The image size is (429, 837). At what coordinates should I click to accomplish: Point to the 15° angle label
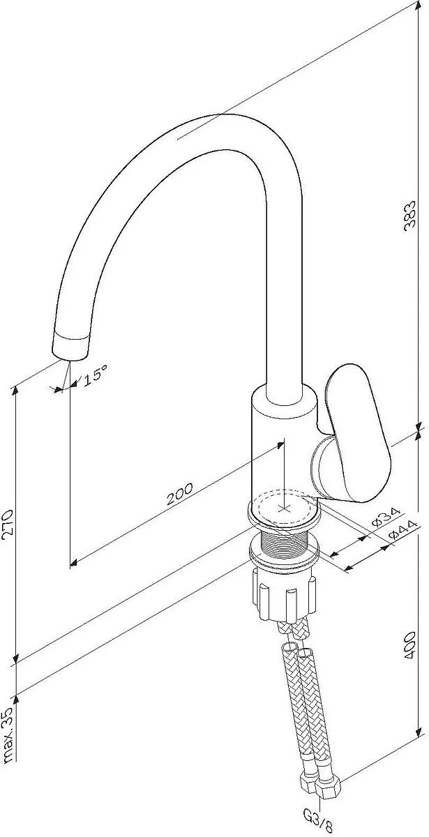[96, 375]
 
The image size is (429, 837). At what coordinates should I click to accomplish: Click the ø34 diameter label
[386, 516]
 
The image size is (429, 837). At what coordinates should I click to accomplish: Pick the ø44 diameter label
[402, 529]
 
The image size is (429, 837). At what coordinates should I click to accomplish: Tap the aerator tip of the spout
[71, 347]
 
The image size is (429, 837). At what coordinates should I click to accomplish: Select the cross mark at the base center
[285, 508]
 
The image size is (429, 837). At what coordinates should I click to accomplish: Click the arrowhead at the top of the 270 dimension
[15, 391]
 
